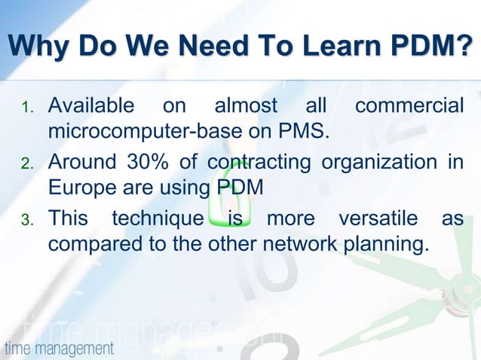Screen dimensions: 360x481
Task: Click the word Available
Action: (91, 106)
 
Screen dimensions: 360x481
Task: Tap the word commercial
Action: (409, 106)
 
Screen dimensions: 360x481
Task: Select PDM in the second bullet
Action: (240, 188)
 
